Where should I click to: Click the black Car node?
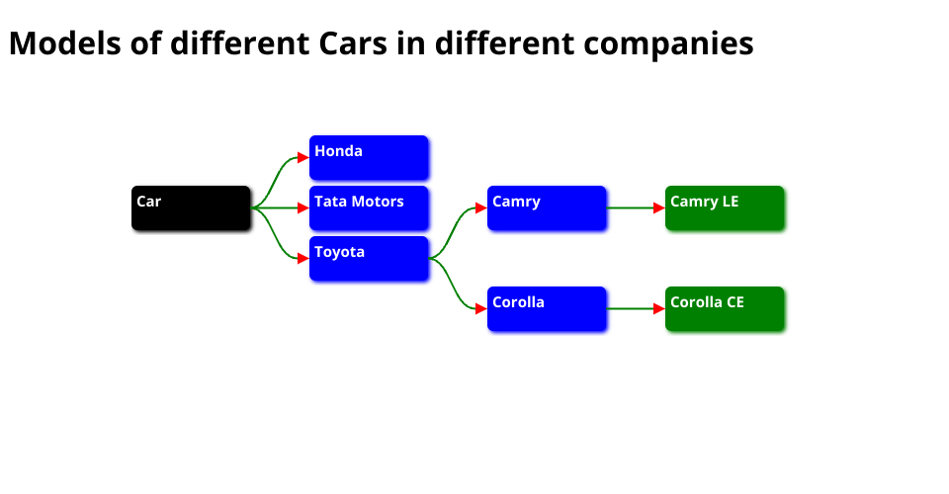click(191, 207)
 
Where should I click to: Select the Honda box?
click(369, 157)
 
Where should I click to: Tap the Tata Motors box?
click(369, 207)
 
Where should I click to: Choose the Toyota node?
click(369, 258)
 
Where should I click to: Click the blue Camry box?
click(547, 207)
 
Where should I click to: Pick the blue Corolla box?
click(547, 308)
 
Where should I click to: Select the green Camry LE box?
click(725, 207)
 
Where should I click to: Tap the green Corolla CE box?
click(725, 308)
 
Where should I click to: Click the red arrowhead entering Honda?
click(303, 157)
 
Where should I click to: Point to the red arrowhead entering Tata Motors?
click(303, 207)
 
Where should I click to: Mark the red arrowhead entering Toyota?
click(303, 258)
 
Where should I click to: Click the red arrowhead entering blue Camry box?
click(481, 207)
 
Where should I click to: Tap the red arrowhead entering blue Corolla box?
click(481, 308)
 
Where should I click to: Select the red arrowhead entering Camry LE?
click(659, 207)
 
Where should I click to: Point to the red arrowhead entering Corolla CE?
click(659, 308)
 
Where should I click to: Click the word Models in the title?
click(64, 44)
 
